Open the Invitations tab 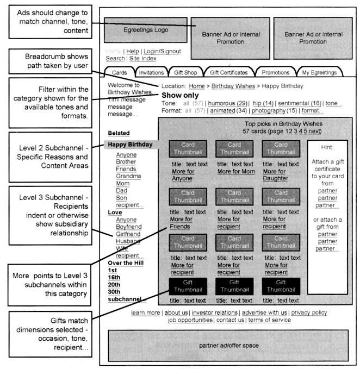pos(151,72)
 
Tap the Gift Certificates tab pos(228,72)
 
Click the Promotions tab pos(276,72)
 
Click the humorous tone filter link pos(228,103)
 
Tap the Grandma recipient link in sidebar pos(128,176)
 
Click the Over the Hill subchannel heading pos(126,263)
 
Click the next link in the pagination pos(315,131)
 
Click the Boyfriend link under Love pos(131,227)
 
